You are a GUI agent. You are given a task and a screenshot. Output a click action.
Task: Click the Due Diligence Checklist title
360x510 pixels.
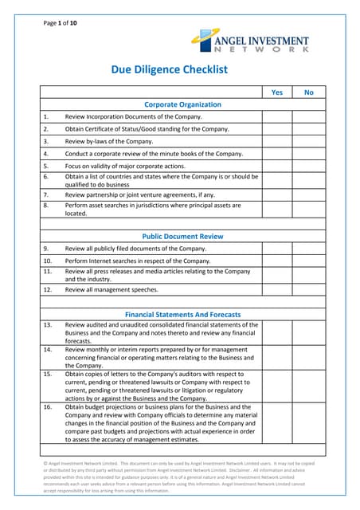[169, 70]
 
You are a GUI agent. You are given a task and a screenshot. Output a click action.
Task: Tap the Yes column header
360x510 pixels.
[277, 92]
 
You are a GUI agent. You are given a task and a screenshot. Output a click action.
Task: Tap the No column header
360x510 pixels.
[309, 92]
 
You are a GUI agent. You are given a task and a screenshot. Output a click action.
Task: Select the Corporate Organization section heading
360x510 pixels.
[182, 104]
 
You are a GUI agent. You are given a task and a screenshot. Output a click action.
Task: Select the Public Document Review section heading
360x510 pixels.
[182, 237]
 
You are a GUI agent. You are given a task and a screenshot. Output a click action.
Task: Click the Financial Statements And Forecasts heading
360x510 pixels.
[182, 314]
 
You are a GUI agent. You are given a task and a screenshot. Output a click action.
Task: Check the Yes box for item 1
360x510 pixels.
[277, 116]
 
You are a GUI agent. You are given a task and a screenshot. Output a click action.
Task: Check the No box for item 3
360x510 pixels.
[309, 141]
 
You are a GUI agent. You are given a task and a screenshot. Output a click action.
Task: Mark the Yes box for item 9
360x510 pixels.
[277, 249]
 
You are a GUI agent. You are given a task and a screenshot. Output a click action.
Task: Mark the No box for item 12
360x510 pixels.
[309, 290]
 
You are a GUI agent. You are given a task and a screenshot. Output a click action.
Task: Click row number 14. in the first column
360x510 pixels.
[48, 349]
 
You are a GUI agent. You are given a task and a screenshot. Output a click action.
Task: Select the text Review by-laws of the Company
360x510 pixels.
[109, 141]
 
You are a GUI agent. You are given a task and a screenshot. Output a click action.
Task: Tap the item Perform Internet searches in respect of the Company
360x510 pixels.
[138, 261]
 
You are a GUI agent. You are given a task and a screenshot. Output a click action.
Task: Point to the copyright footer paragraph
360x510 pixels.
[179, 477]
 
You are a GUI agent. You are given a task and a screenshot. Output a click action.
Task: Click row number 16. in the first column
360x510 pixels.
[48, 406]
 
